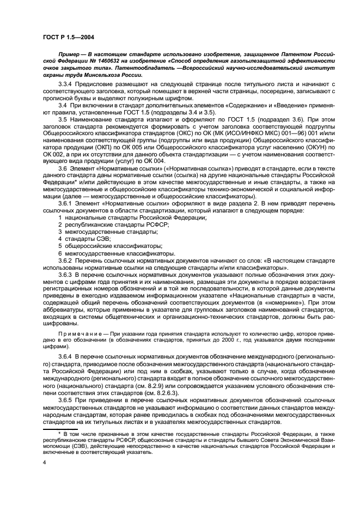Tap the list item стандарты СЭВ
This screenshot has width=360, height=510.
coord(88,239)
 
